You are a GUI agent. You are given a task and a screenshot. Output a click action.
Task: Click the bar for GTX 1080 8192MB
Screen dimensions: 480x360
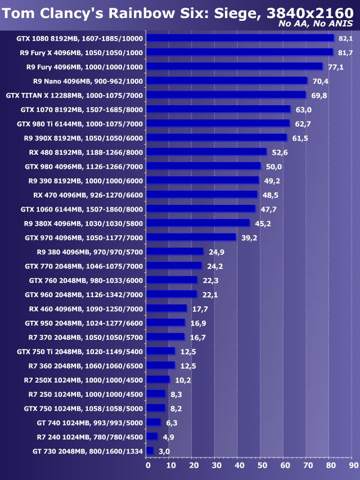(x=240, y=38)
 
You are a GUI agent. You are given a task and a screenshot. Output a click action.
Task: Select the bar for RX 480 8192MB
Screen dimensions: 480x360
(x=206, y=152)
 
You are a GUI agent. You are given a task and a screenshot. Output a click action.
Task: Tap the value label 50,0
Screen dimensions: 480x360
(x=274, y=167)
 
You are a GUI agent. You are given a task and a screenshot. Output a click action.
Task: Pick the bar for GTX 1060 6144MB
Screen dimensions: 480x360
(x=201, y=209)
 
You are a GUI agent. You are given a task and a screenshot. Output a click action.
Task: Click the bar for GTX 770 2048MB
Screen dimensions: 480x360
(x=174, y=266)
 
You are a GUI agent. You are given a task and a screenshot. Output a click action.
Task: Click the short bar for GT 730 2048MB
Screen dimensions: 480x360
(x=150, y=451)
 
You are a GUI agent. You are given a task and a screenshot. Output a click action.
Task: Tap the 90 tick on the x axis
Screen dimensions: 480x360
(x=352, y=465)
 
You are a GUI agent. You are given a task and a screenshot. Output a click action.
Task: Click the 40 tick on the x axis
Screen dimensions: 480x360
(x=239, y=465)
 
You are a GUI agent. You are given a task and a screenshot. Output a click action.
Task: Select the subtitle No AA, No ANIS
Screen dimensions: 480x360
(x=316, y=24)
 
